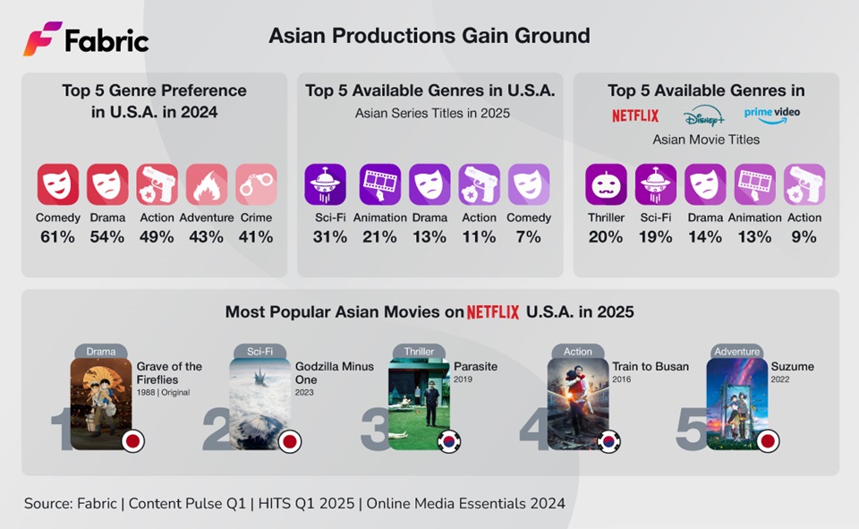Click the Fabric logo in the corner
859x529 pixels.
[x=86, y=38]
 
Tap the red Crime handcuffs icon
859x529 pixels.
[x=256, y=184]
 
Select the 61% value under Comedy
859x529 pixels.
[x=58, y=237]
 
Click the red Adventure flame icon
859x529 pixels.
[x=207, y=184]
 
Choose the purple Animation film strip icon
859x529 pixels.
[x=380, y=184]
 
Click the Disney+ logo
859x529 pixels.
[x=702, y=116]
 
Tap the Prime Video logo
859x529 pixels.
[x=771, y=115]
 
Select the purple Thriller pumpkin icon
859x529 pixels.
[x=607, y=184]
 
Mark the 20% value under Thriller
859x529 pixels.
[x=606, y=237]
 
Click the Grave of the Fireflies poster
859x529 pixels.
[x=101, y=403]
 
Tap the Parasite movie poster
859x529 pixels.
[x=418, y=403]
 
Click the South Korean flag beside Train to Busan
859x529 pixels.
[x=608, y=441]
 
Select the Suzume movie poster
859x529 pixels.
[x=736, y=403]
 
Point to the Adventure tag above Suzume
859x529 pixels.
[x=736, y=351]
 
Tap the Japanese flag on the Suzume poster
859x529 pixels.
[x=768, y=441]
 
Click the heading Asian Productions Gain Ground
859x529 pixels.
[x=429, y=36]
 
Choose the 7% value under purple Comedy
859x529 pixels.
[x=529, y=237]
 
